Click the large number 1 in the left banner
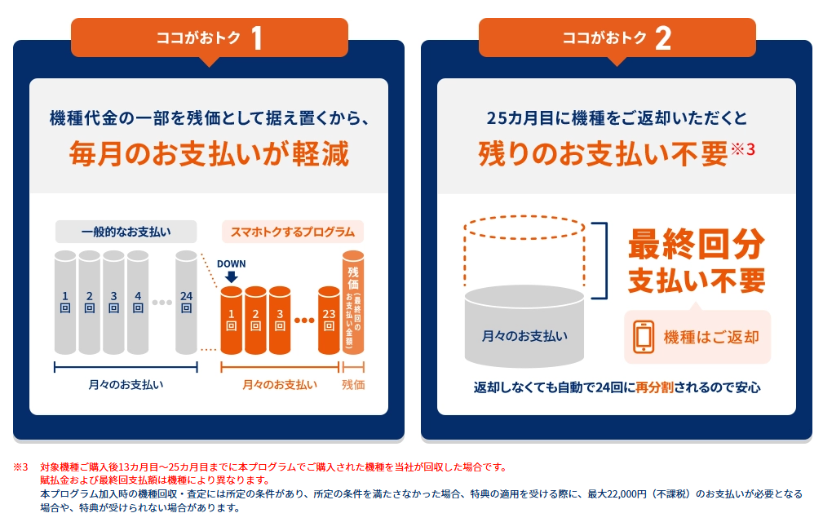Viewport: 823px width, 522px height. [x=256, y=38]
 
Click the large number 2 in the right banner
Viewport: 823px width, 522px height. [x=662, y=38]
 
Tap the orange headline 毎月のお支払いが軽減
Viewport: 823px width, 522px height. [x=209, y=153]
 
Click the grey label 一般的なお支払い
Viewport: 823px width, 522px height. [x=126, y=231]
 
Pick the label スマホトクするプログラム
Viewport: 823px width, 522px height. [x=293, y=231]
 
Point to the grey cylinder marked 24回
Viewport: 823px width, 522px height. [x=186, y=302]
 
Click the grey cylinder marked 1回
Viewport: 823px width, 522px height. [x=65, y=302]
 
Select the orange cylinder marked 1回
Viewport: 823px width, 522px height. [x=232, y=320]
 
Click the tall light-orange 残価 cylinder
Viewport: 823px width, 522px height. [x=353, y=302]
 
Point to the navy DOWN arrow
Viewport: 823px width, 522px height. [x=231, y=276]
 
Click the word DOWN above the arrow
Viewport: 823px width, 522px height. [x=231, y=263]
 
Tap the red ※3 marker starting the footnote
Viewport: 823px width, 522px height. [x=20, y=467]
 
